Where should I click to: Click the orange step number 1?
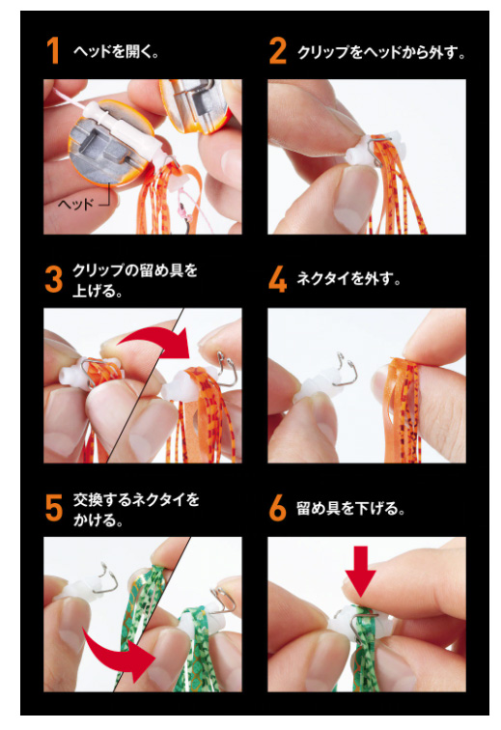tap(53, 50)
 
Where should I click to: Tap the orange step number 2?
tap(277, 50)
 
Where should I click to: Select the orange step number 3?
tap(53, 279)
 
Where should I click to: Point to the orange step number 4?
tap(277, 279)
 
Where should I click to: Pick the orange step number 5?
tap(53, 508)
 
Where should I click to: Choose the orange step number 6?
tap(277, 508)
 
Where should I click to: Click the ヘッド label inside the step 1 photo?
tap(76, 204)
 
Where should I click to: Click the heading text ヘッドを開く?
tap(116, 51)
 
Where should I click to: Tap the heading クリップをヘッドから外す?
tap(381, 52)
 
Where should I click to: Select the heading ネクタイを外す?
tap(348, 279)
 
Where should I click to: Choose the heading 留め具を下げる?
tap(350, 508)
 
